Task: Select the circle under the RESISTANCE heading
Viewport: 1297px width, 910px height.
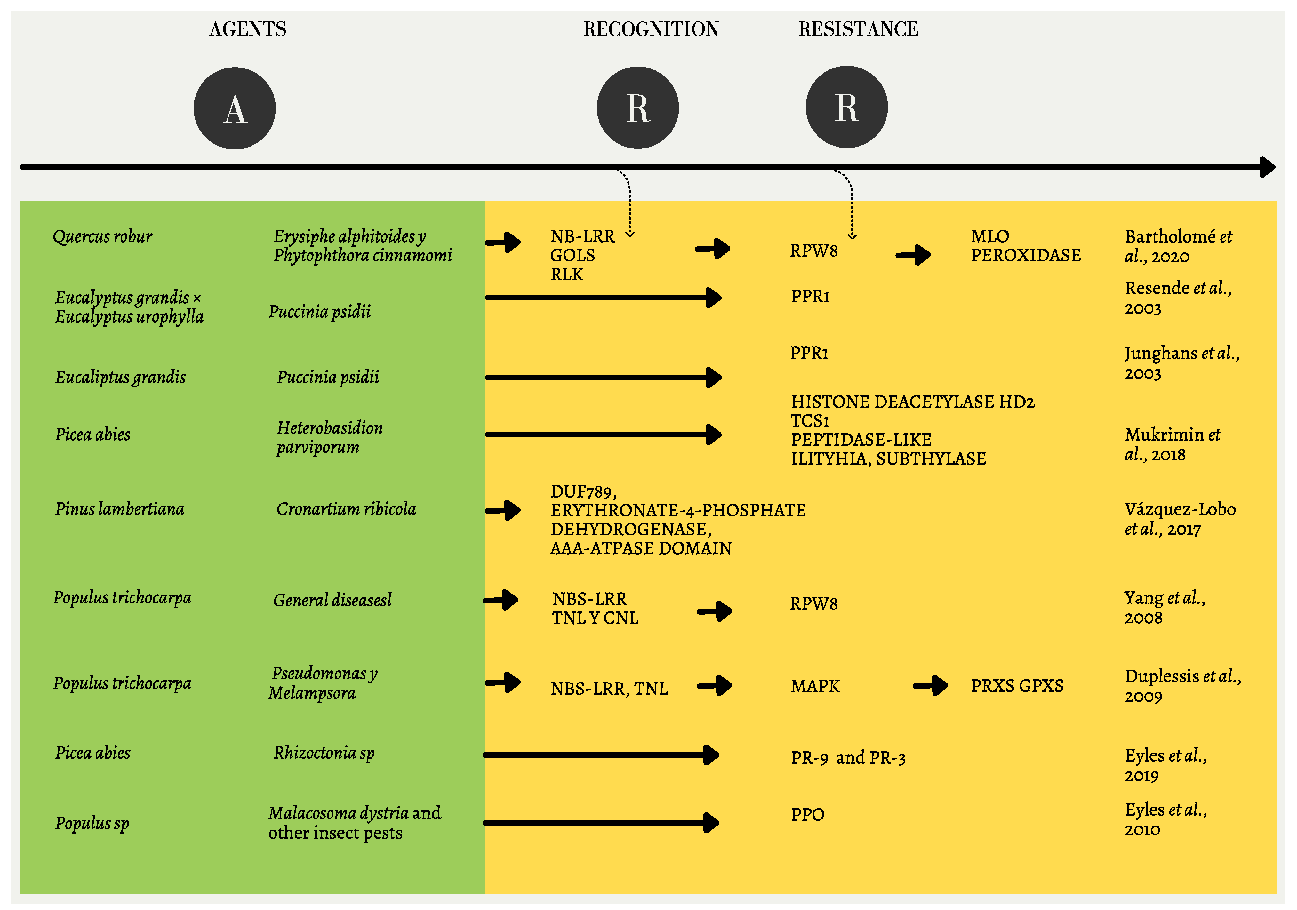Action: [x=846, y=107]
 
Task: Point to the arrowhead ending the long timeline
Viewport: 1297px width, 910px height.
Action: [x=1267, y=167]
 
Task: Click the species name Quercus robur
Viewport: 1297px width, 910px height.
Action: [x=102, y=236]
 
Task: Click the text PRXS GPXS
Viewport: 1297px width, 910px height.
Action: [x=1017, y=686]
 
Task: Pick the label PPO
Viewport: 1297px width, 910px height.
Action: [x=807, y=815]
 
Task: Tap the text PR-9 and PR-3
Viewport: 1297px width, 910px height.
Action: [x=848, y=757]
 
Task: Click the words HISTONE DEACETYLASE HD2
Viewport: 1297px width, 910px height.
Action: [x=912, y=402]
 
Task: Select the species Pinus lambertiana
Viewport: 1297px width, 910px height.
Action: [x=119, y=509]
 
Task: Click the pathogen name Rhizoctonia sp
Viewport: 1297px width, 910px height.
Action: [x=324, y=753]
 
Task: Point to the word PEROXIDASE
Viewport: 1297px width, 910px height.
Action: [x=1025, y=255]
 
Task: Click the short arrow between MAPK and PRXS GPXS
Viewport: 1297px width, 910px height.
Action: [x=930, y=686]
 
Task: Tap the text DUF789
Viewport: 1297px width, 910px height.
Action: [x=583, y=491]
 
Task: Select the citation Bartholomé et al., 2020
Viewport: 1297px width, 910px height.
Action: [x=1178, y=246]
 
